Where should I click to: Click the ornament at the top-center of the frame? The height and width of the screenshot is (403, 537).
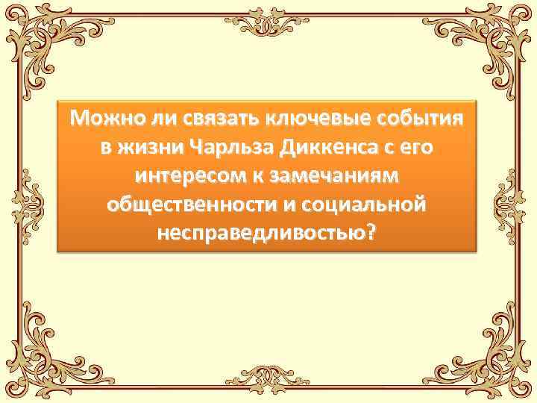click(268, 22)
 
